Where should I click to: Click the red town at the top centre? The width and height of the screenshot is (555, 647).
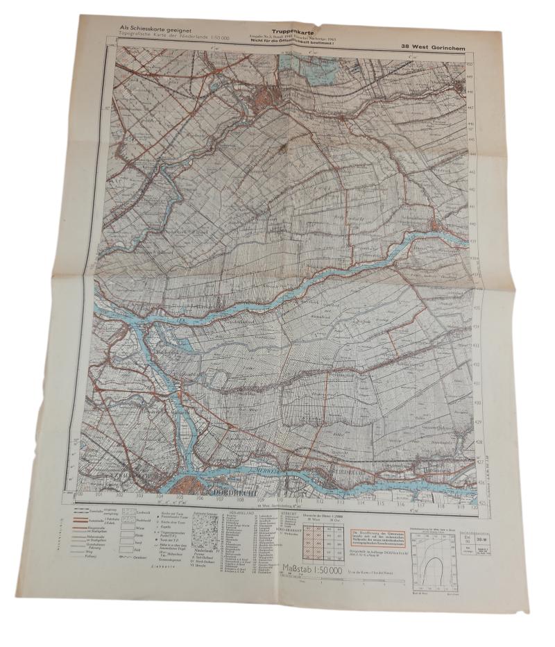[269, 93]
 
